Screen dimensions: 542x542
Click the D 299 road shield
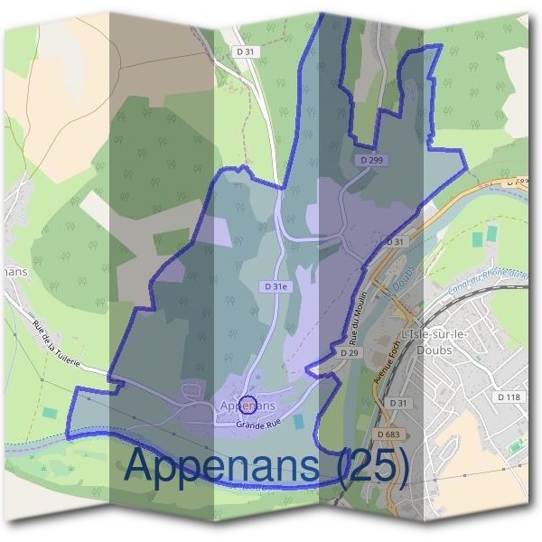[369, 160]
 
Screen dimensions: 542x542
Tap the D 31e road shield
[276, 286]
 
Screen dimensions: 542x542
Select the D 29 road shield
[350, 353]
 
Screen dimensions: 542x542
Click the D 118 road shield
[509, 397]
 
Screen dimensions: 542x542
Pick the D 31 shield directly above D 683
[397, 402]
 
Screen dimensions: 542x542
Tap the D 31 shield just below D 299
[395, 242]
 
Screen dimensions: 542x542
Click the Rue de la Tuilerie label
[56, 344]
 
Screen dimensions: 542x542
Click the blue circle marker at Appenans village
[250, 404]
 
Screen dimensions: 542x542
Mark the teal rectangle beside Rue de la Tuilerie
[49, 412]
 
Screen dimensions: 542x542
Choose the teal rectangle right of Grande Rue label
[300, 422]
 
